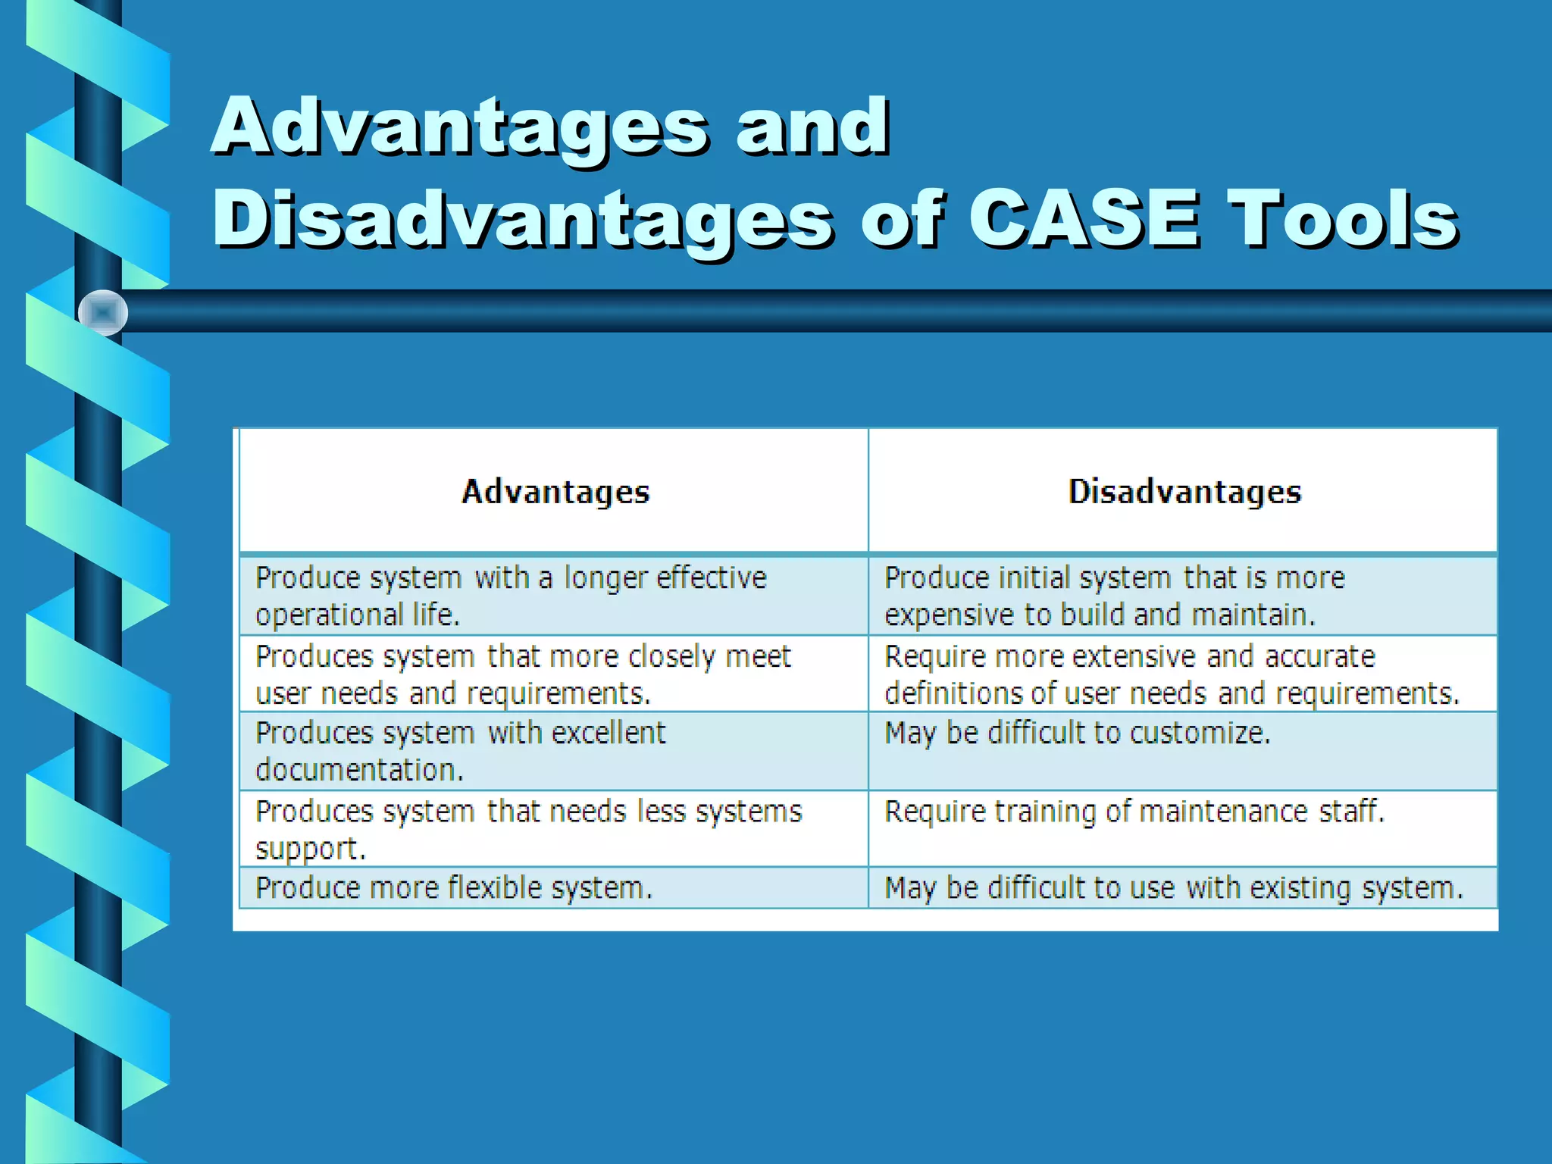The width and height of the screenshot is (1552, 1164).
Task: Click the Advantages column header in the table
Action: pyautogui.click(x=555, y=492)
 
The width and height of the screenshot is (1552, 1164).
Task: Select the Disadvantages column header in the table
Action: pyautogui.click(x=1184, y=492)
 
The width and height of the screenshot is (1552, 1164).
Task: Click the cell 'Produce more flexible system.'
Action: pyautogui.click(x=454, y=887)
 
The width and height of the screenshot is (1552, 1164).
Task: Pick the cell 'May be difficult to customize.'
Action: pyautogui.click(x=1077, y=733)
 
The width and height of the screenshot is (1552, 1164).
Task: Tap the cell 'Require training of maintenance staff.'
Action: pyautogui.click(x=1134, y=812)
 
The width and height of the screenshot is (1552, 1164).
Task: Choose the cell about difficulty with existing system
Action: pyautogui.click(x=1174, y=887)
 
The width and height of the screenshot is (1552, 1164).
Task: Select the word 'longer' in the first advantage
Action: pyautogui.click(x=605, y=578)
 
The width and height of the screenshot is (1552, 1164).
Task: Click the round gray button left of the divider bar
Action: pyautogui.click(x=103, y=312)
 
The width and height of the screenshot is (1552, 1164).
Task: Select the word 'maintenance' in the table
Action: pyautogui.click(x=1223, y=812)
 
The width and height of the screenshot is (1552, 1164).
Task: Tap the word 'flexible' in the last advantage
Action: pyautogui.click(x=495, y=887)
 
